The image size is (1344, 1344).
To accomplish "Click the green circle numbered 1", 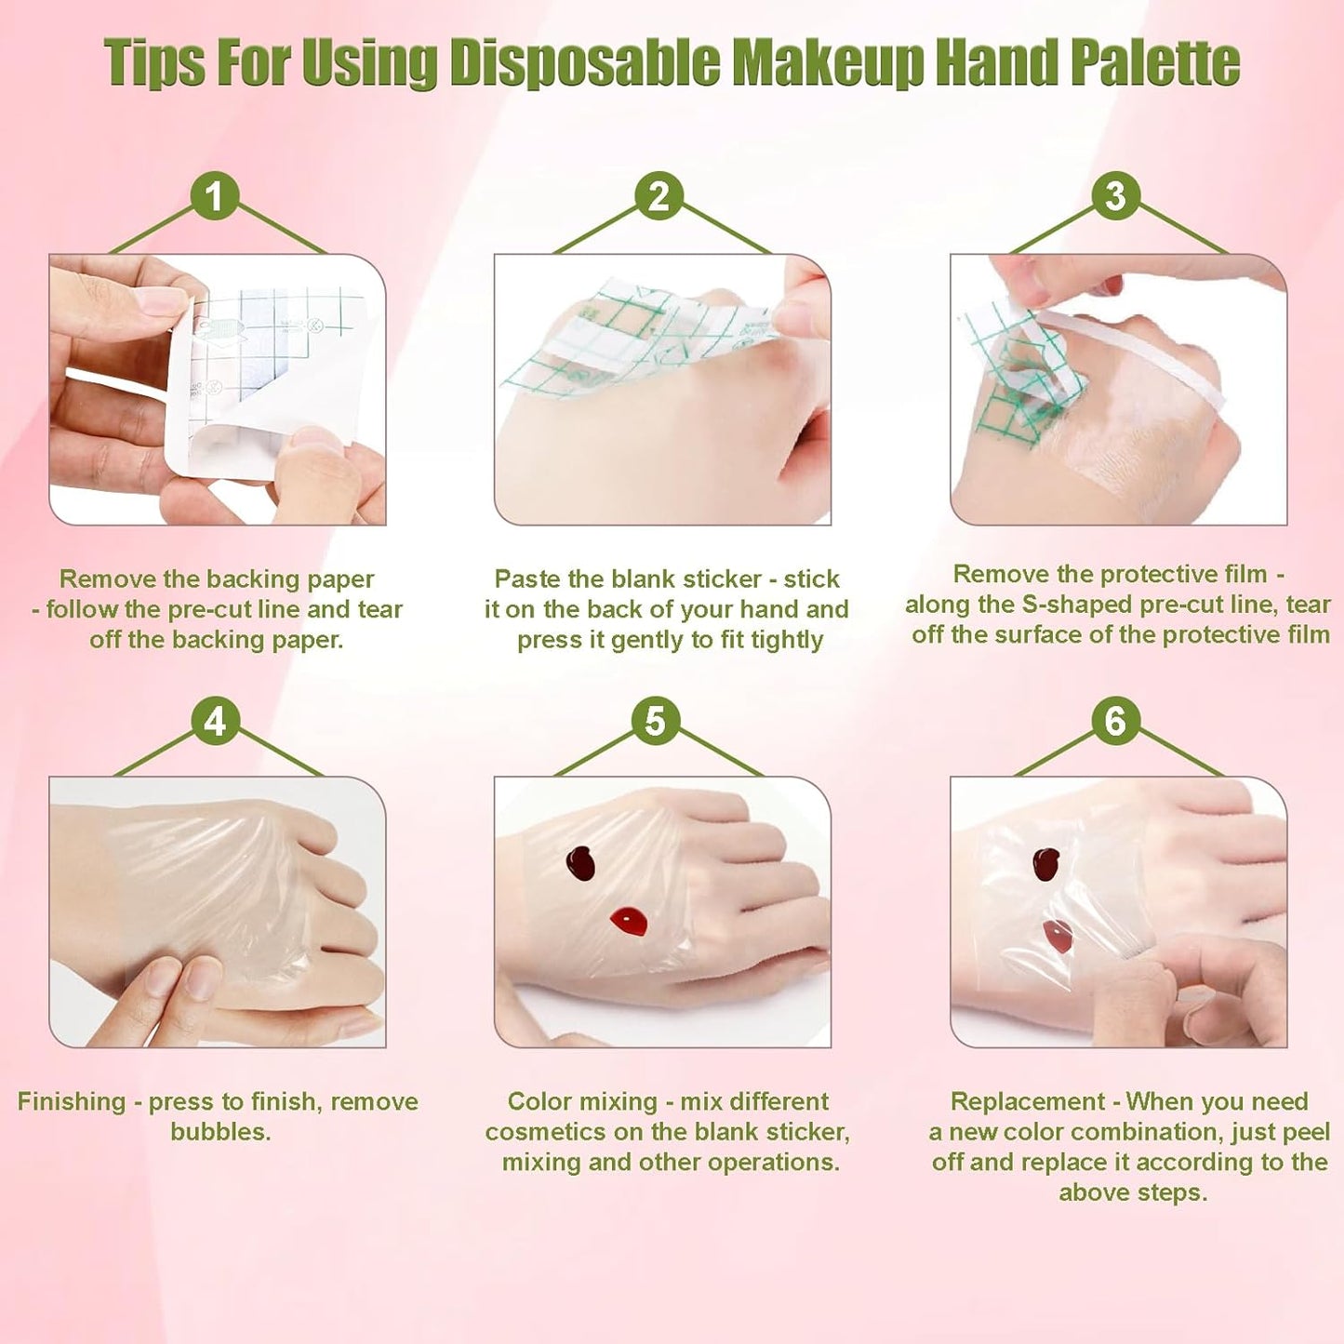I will pyautogui.click(x=215, y=196).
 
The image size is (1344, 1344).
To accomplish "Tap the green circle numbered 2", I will pyautogui.click(x=659, y=196).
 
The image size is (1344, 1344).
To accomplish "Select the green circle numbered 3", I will pyautogui.click(x=1115, y=196).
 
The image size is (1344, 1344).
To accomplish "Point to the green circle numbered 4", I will pyautogui.click(x=215, y=721).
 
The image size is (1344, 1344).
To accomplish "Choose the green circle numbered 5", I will pyautogui.click(x=656, y=721).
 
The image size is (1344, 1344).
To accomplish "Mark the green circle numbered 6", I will pyautogui.click(x=1115, y=721).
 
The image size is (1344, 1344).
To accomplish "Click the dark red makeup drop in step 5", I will pyautogui.click(x=581, y=863).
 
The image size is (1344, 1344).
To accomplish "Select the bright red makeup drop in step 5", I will pyautogui.click(x=630, y=921).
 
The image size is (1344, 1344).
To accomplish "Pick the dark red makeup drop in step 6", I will pyautogui.click(x=1047, y=864).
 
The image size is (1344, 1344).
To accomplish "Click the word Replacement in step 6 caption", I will pyautogui.click(x=1027, y=1101).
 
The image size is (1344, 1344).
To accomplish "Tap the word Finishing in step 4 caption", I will pyautogui.click(x=71, y=1101).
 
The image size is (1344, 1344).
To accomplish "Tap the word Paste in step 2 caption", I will pyautogui.click(x=526, y=579).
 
